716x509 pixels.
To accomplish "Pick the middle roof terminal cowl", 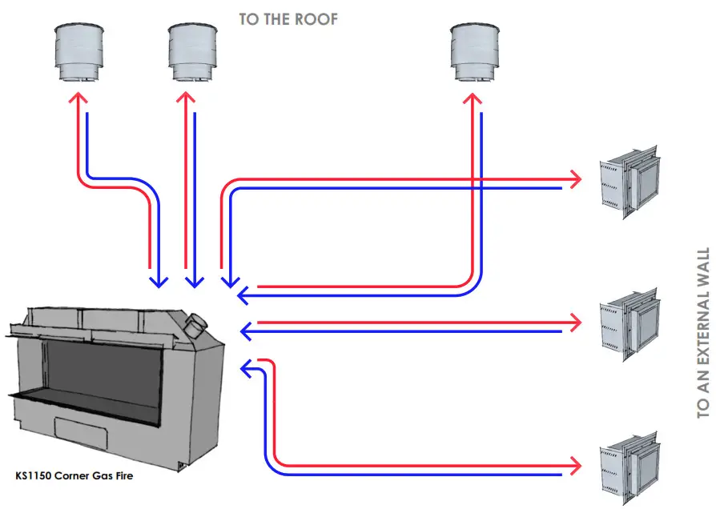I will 193,52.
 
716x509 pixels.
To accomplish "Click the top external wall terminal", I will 630,182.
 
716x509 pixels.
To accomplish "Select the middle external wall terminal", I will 630,323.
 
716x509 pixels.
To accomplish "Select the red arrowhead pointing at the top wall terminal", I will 575,178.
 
